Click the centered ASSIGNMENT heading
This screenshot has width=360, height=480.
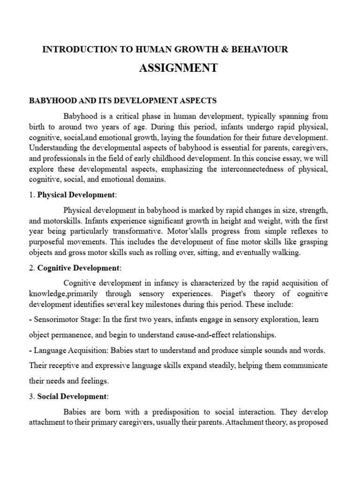point(178,68)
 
